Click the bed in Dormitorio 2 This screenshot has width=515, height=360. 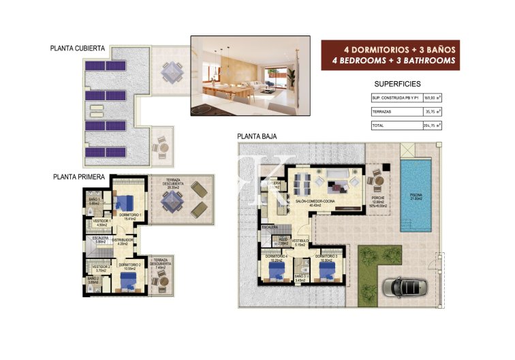[x=129, y=281]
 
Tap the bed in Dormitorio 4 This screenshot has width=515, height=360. [x=276, y=273]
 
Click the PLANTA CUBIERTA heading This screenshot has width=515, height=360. [x=77, y=48]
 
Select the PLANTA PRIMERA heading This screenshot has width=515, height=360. [x=78, y=176]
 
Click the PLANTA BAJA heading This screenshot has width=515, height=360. [x=257, y=136]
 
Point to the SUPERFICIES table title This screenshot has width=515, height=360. [x=397, y=84]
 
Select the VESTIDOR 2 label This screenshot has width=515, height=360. [x=102, y=268]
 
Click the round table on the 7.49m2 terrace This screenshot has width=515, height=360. [x=162, y=281]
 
